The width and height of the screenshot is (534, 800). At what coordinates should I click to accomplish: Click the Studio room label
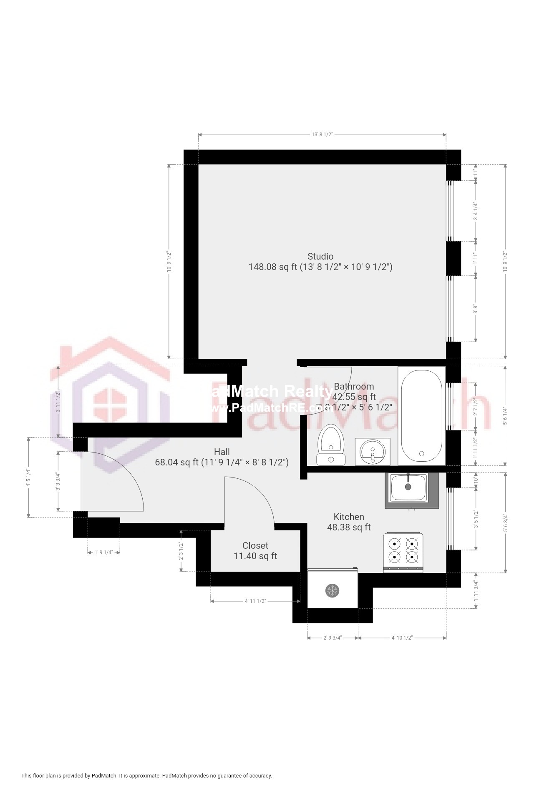320,257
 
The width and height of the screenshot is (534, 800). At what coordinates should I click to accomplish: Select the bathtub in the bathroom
421,415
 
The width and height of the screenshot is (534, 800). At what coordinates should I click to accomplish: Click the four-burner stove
403,552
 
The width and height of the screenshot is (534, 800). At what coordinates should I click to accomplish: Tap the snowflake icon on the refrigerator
332,590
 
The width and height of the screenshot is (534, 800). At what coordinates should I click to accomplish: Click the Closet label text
255,546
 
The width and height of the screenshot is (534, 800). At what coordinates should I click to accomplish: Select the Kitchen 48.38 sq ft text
349,522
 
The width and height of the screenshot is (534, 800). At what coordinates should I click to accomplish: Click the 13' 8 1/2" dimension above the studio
322,135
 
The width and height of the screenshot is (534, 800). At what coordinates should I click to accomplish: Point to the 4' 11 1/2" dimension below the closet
255,601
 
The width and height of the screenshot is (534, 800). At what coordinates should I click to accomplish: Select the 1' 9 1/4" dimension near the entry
104,552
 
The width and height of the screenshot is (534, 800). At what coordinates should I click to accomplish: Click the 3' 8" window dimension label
475,309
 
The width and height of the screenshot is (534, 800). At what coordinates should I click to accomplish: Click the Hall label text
222,452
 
